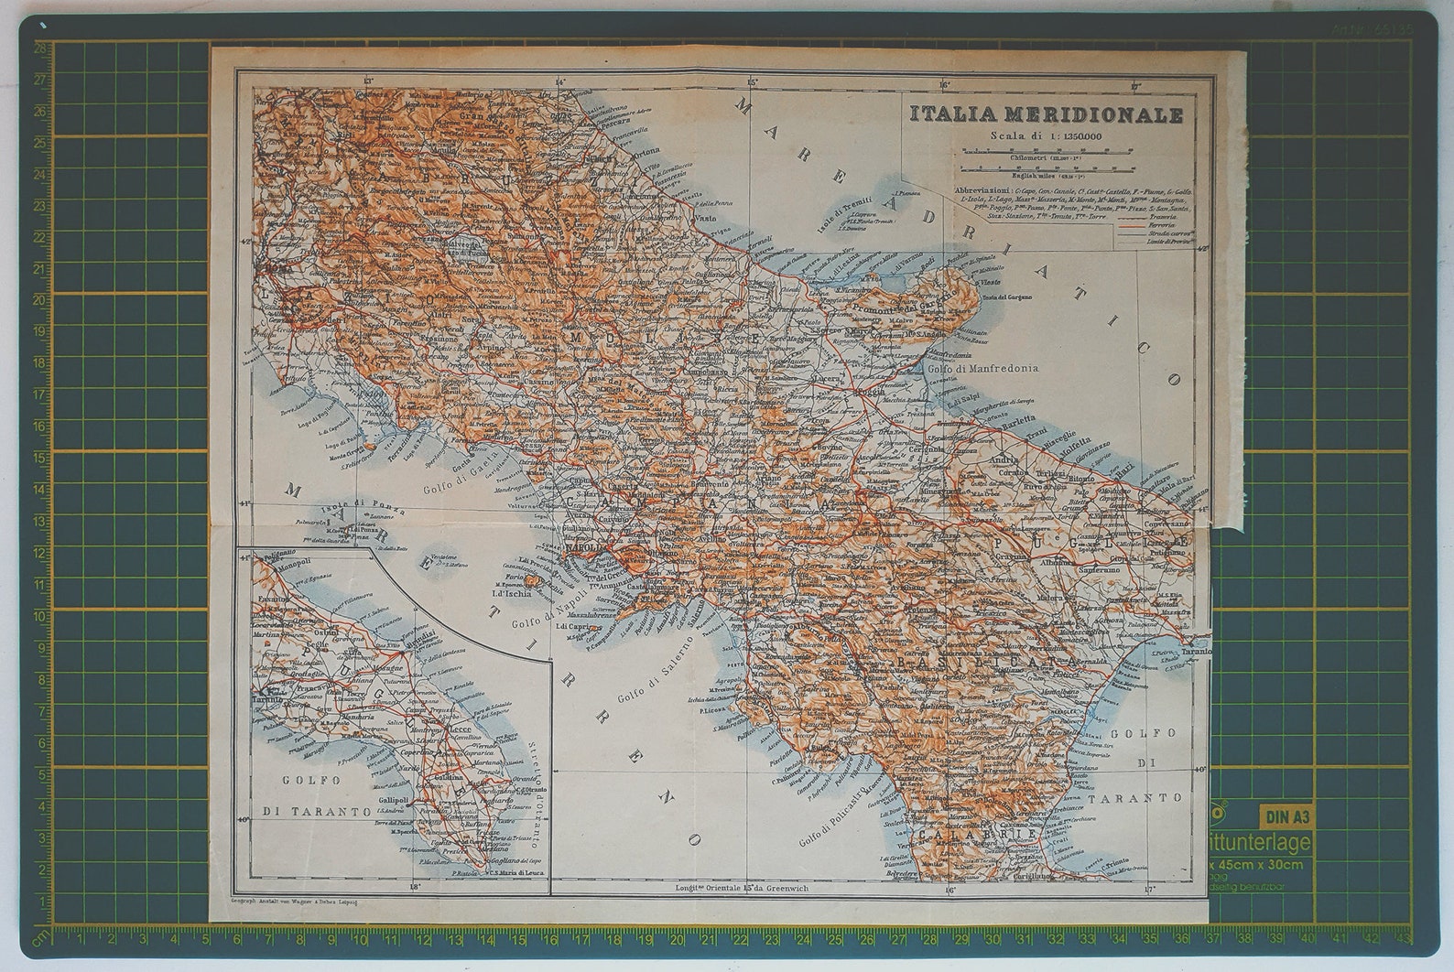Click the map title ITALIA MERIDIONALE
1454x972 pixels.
pos(1046,114)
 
